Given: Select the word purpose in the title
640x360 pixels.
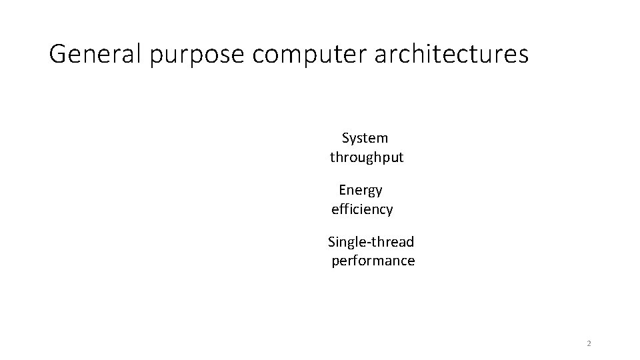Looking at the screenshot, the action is pyautogui.click(x=197, y=55).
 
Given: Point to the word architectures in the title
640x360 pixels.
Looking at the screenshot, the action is pyautogui.click(x=451, y=54).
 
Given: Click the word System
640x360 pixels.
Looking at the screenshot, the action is pyautogui.click(x=365, y=138).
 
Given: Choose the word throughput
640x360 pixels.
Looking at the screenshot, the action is pyautogui.click(x=367, y=159).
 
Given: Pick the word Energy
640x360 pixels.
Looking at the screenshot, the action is pyautogui.click(x=361, y=191).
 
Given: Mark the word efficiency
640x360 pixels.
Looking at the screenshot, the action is pyautogui.click(x=362, y=210).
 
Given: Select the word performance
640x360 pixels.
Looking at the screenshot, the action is pyautogui.click(x=373, y=261).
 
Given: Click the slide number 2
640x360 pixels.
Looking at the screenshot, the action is pyautogui.click(x=589, y=343).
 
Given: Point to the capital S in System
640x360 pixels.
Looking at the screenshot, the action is pyautogui.click(x=346, y=138).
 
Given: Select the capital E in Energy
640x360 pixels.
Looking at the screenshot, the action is pyautogui.click(x=343, y=190).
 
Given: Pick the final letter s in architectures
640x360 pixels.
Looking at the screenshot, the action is pyautogui.click(x=523, y=55).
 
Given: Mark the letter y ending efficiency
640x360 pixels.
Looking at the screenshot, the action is pyautogui.click(x=389, y=211).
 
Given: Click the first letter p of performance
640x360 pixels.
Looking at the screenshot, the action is pyautogui.click(x=335, y=262).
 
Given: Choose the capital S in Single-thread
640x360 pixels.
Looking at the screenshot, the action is pyautogui.click(x=332, y=241).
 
